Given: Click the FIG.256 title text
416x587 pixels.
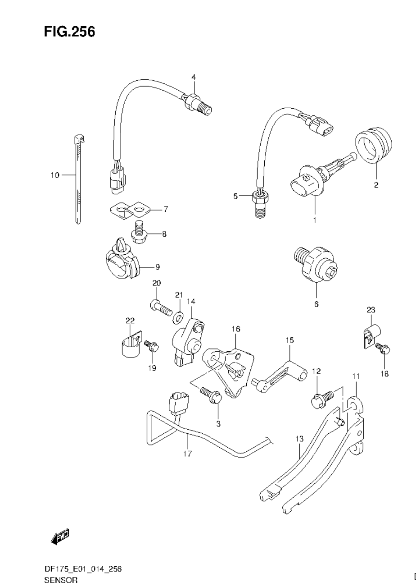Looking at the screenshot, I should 70,32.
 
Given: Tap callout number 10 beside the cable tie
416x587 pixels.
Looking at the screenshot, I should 55,175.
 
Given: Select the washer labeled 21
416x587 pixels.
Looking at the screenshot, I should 178,317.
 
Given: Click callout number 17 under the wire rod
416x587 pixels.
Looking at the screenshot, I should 187,454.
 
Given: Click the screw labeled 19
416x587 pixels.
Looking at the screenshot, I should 151,347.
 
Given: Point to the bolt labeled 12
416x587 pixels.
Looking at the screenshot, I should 321,398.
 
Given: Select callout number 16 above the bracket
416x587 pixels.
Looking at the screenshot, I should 236,329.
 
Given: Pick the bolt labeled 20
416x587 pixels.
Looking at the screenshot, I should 161,308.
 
